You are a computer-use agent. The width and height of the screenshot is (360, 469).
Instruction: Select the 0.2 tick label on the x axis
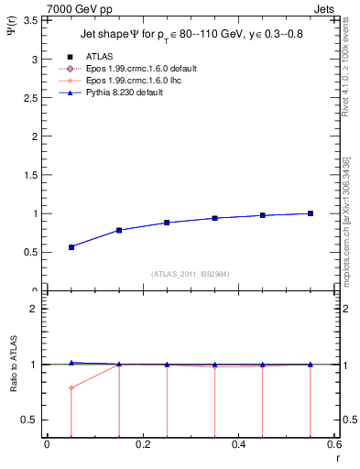pos(142,444)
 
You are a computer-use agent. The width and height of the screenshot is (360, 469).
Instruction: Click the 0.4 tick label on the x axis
pos(238,444)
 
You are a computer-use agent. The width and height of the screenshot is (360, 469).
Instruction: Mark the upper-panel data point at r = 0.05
pos(71,247)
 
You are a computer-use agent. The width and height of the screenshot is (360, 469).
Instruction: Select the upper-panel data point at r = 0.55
pos(311,213)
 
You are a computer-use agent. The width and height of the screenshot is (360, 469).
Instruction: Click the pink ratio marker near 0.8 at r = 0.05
pos(71,387)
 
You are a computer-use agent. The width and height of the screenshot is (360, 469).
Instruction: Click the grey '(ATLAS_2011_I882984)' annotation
pos(191,275)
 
